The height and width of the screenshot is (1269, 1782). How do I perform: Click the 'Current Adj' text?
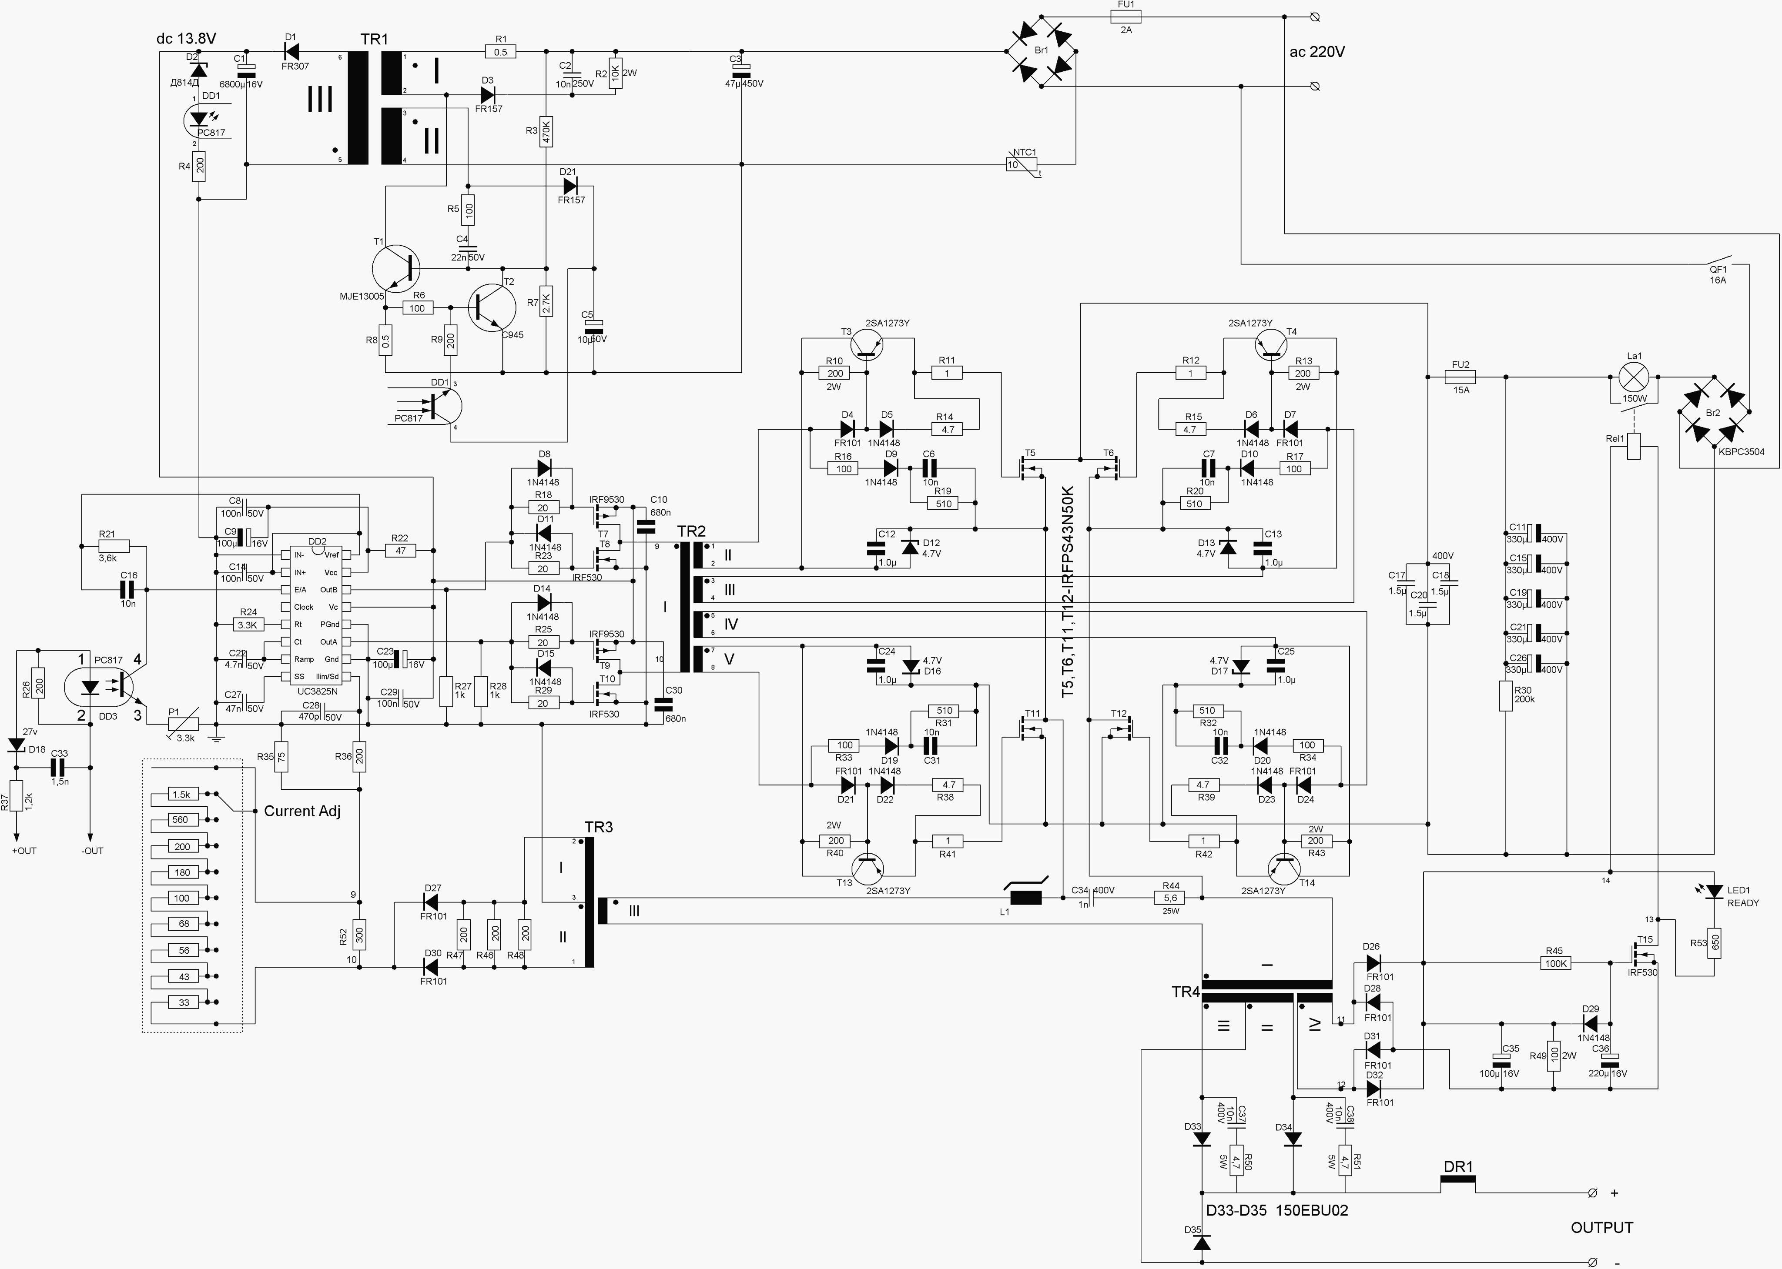pos(301,811)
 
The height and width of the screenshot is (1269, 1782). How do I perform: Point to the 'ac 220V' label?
pos(1317,52)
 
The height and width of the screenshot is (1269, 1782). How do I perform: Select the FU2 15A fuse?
pos(1460,377)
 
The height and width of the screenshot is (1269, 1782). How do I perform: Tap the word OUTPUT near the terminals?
pos(1601,1228)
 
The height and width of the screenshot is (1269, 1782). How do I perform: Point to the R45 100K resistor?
pos(1555,963)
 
